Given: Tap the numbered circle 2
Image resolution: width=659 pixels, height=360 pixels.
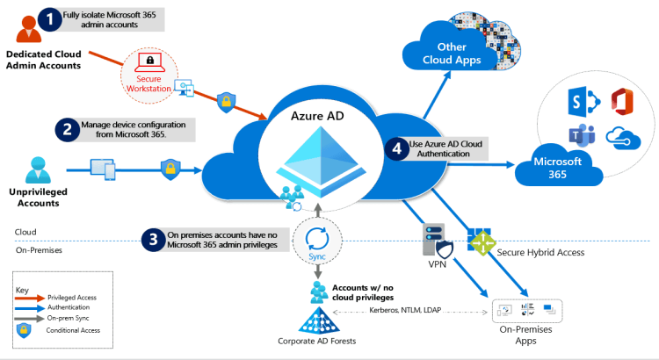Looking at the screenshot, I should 67,130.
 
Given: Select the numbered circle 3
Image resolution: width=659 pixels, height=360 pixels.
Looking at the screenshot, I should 154,240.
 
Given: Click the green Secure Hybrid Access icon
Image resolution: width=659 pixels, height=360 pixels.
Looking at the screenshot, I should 480,240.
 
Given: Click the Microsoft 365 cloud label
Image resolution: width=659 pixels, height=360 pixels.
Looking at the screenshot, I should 554,167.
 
